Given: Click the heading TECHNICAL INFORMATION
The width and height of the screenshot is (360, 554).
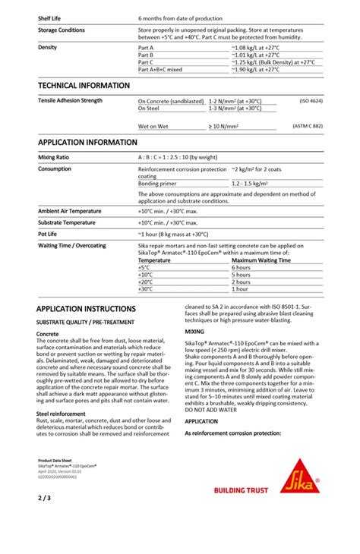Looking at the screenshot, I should coord(84,85).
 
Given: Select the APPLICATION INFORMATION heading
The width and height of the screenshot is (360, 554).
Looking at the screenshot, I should coord(87,142).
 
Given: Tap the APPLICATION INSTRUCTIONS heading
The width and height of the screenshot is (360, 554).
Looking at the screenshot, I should coord(86,309).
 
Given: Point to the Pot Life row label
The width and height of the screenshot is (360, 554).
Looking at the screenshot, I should coord(50,234).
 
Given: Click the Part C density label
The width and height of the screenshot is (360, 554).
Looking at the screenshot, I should coord(146,61).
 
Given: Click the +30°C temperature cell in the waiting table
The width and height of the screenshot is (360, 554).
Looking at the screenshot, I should coord(146,289).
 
